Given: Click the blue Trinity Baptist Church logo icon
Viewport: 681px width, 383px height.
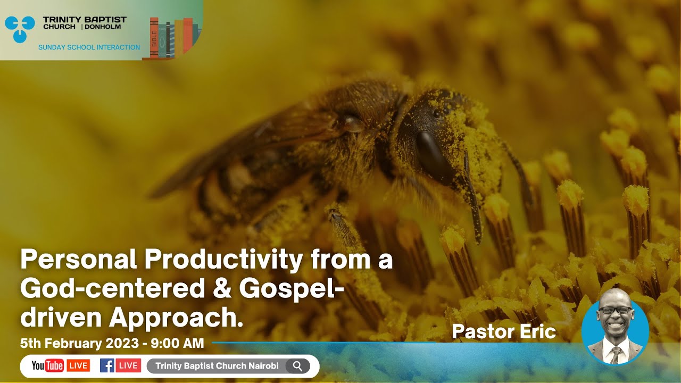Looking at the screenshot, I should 20,29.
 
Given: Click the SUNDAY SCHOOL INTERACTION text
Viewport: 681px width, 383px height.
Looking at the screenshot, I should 89,47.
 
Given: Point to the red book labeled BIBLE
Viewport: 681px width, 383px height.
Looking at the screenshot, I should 154,38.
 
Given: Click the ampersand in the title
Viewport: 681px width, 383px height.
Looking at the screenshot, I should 221,289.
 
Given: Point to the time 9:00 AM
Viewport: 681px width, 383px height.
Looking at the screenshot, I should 177,344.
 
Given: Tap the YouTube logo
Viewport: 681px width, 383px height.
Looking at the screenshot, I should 47,366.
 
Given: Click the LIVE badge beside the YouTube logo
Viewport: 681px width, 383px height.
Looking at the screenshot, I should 78,366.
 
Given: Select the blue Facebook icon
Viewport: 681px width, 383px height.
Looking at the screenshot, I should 107,366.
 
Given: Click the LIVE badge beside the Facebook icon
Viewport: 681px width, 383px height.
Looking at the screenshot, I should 129,366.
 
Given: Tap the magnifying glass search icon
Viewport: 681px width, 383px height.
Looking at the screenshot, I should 297,366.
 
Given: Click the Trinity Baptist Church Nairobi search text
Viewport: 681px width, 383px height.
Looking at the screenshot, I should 217,366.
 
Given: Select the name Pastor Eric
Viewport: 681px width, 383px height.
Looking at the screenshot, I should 503,332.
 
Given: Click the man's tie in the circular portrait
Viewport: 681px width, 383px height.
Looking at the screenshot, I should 615,353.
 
